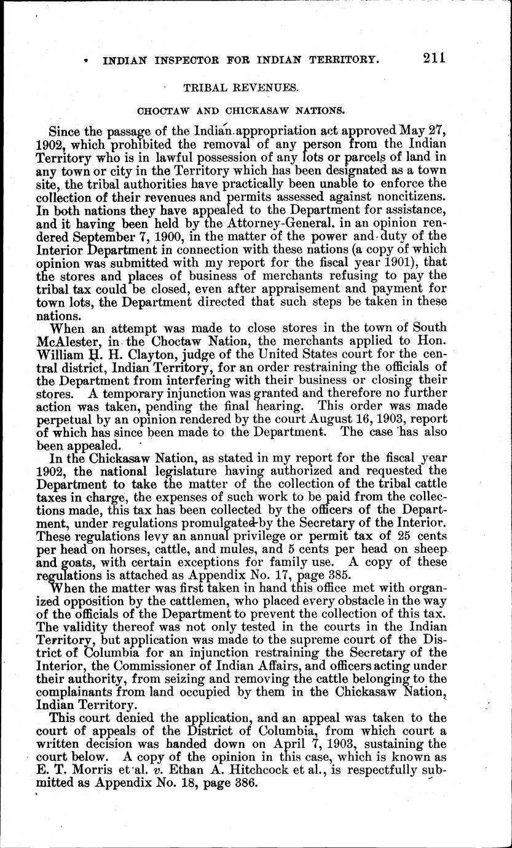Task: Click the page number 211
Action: pyautogui.click(x=433, y=58)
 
